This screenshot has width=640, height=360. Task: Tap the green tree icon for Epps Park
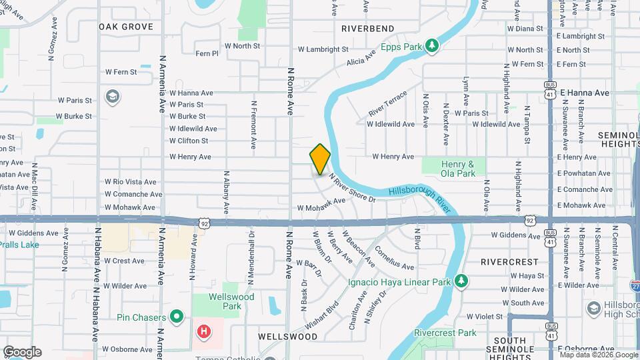pyautogui.click(x=433, y=45)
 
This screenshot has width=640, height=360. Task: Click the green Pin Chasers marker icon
pyautogui.click(x=177, y=316)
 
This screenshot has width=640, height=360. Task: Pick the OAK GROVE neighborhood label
pyautogui.click(x=126, y=27)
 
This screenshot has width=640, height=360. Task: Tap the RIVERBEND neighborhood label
pyautogui.click(x=367, y=29)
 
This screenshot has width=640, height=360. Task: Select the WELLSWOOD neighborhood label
pyautogui.click(x=290, y=337)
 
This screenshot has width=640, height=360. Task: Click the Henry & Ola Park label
pyautogui.click(x=457, y=169)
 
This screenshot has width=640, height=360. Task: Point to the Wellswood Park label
pyautogui.click(x=224, y=301)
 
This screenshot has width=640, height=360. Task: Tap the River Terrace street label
pyautogui.click(x=387, y=104)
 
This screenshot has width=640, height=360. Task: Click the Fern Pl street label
pyautogui.click(x=207, y=53)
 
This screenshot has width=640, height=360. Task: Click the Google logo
pyautogui.click(x=21, y=352)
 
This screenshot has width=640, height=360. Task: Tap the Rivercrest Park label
pyautogui.click(x=445, y=333)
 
